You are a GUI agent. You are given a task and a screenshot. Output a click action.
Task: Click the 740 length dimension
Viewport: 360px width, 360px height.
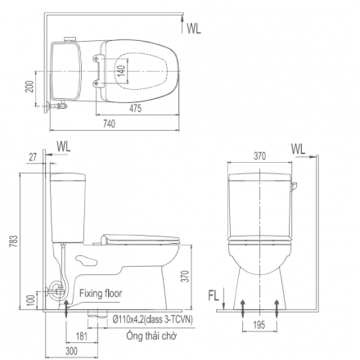coord(109,124)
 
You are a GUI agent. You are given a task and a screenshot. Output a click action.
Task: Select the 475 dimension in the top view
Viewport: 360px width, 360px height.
coord(135,108)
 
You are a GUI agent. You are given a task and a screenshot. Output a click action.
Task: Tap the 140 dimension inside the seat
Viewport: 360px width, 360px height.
coord(122,70)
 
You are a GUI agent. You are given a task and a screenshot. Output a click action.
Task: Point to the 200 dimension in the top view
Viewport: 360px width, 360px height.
coord(30,86)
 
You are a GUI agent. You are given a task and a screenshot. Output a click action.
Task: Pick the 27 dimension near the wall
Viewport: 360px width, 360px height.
coord(33,157)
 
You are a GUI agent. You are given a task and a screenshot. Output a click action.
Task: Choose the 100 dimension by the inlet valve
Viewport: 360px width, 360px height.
coord(31,300)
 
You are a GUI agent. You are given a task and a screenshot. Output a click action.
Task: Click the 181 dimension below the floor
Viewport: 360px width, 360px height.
coord(82,336)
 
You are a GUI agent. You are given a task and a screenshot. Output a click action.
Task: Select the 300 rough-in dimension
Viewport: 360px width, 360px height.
coord(71,351)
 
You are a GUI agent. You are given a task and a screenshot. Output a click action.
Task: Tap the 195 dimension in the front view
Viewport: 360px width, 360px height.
coord(259,325)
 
